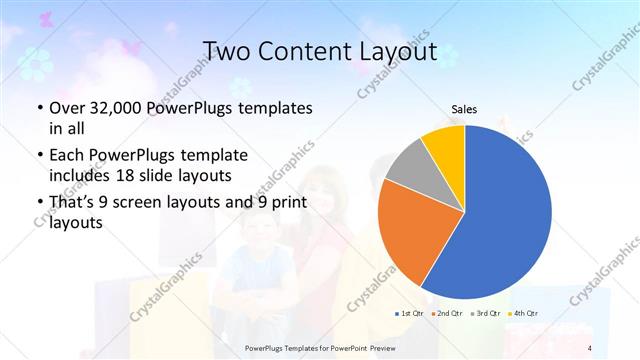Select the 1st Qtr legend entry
(411, 314)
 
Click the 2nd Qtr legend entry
(447, 314)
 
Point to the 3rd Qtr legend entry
(484, 314)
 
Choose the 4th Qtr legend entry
(521, 314)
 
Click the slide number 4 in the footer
(590, 347)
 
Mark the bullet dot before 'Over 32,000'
(38, 108)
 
